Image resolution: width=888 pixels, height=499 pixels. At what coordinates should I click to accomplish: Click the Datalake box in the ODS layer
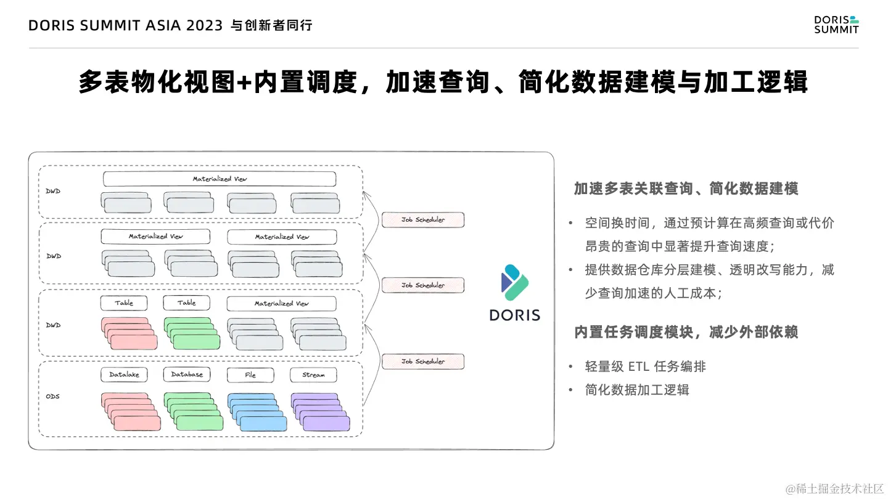(125, 375)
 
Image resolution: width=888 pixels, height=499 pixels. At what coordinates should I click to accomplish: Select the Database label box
(187, 375)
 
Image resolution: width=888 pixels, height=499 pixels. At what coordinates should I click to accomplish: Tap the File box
(250, 375)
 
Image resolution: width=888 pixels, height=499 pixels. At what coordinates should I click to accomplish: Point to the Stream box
(313, 375)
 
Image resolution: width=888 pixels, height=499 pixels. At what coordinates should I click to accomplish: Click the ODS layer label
(53, 396)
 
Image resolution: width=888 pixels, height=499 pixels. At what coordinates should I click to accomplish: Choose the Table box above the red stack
(125, 303)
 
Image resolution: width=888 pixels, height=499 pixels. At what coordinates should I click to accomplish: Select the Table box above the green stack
(187, 303)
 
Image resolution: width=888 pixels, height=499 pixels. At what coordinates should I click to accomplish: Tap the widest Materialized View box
(220, 179)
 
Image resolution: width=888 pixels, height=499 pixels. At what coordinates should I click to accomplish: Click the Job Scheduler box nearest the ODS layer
(422, 362)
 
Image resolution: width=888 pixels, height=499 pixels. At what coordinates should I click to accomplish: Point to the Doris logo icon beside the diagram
(515, 282)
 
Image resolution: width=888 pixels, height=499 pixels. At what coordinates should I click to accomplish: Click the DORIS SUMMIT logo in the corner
(836, 25)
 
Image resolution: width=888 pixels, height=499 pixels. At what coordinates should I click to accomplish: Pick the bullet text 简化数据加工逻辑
(637, 389)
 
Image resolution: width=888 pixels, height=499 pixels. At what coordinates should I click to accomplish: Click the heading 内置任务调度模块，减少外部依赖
(686, 332)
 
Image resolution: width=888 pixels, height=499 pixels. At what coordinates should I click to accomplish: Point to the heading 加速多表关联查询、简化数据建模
(686, 189)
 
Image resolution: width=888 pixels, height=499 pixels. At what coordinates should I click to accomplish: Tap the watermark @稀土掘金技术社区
(835, 489)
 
